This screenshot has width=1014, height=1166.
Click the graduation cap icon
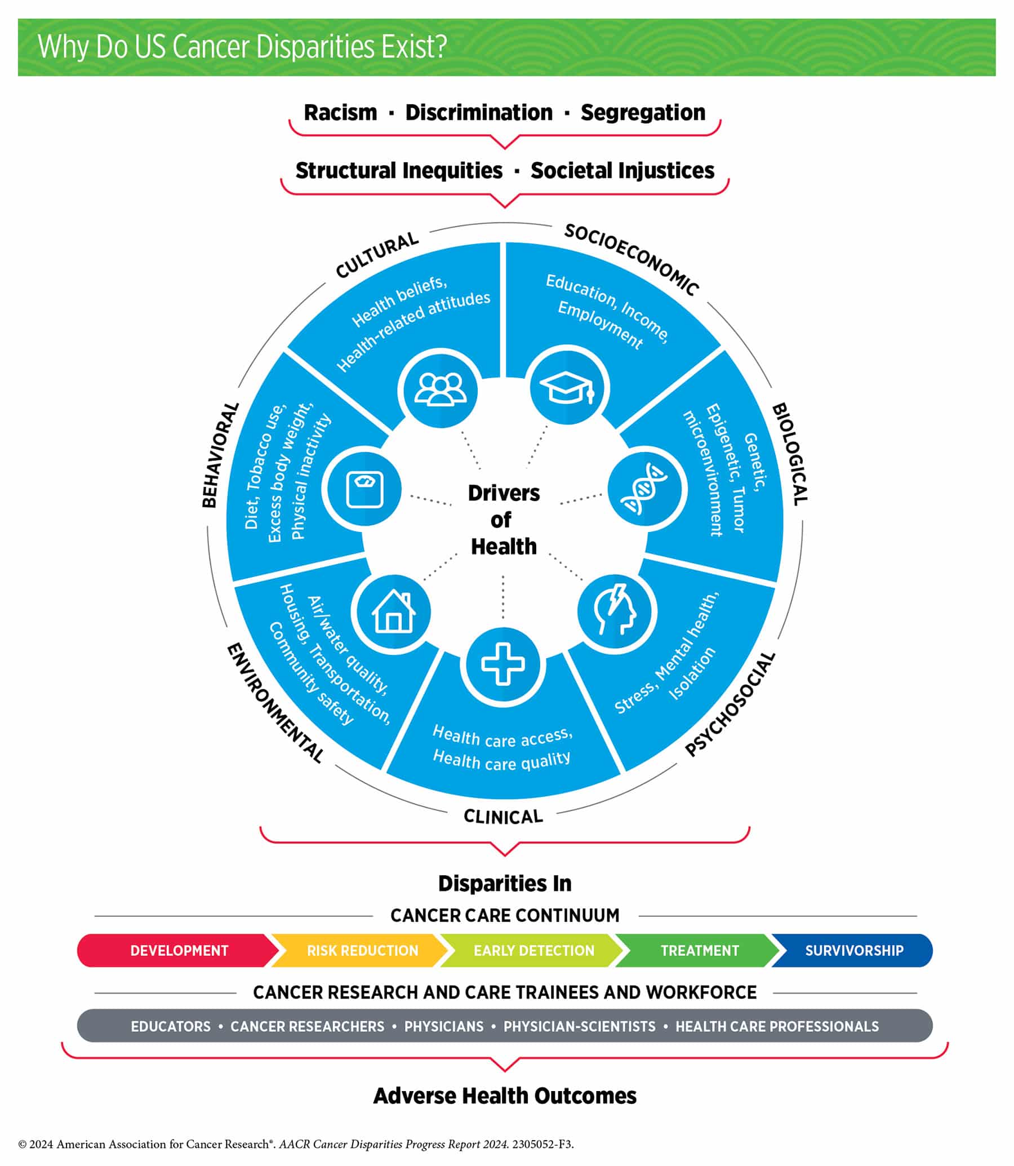[x=567, y=388]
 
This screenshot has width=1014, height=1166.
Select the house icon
[x=393, y=612]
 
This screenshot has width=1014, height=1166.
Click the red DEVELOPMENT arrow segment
[x=179, y=950]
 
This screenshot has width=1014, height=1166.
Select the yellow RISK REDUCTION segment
[x=362, y=950]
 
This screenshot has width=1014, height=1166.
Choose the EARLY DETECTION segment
[x=533, y=950]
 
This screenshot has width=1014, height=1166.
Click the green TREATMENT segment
[x=700, y=950]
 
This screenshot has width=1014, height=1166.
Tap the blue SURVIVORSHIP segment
[x=854, y=950]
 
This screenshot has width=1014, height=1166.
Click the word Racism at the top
[x=340, y=113]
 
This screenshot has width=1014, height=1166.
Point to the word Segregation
[x=643, y=113]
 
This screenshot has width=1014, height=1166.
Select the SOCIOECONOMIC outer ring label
[x=631, y=259]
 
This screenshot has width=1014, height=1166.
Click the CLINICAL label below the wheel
[x=503, y=816]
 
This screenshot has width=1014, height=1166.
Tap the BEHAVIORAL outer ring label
[x=220, y=455]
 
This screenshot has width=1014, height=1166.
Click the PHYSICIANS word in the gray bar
[x=444, y=1026]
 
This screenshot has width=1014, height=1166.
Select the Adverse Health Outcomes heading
[x=505, y=1096]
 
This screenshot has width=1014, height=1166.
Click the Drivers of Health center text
[x=504, y=520]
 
